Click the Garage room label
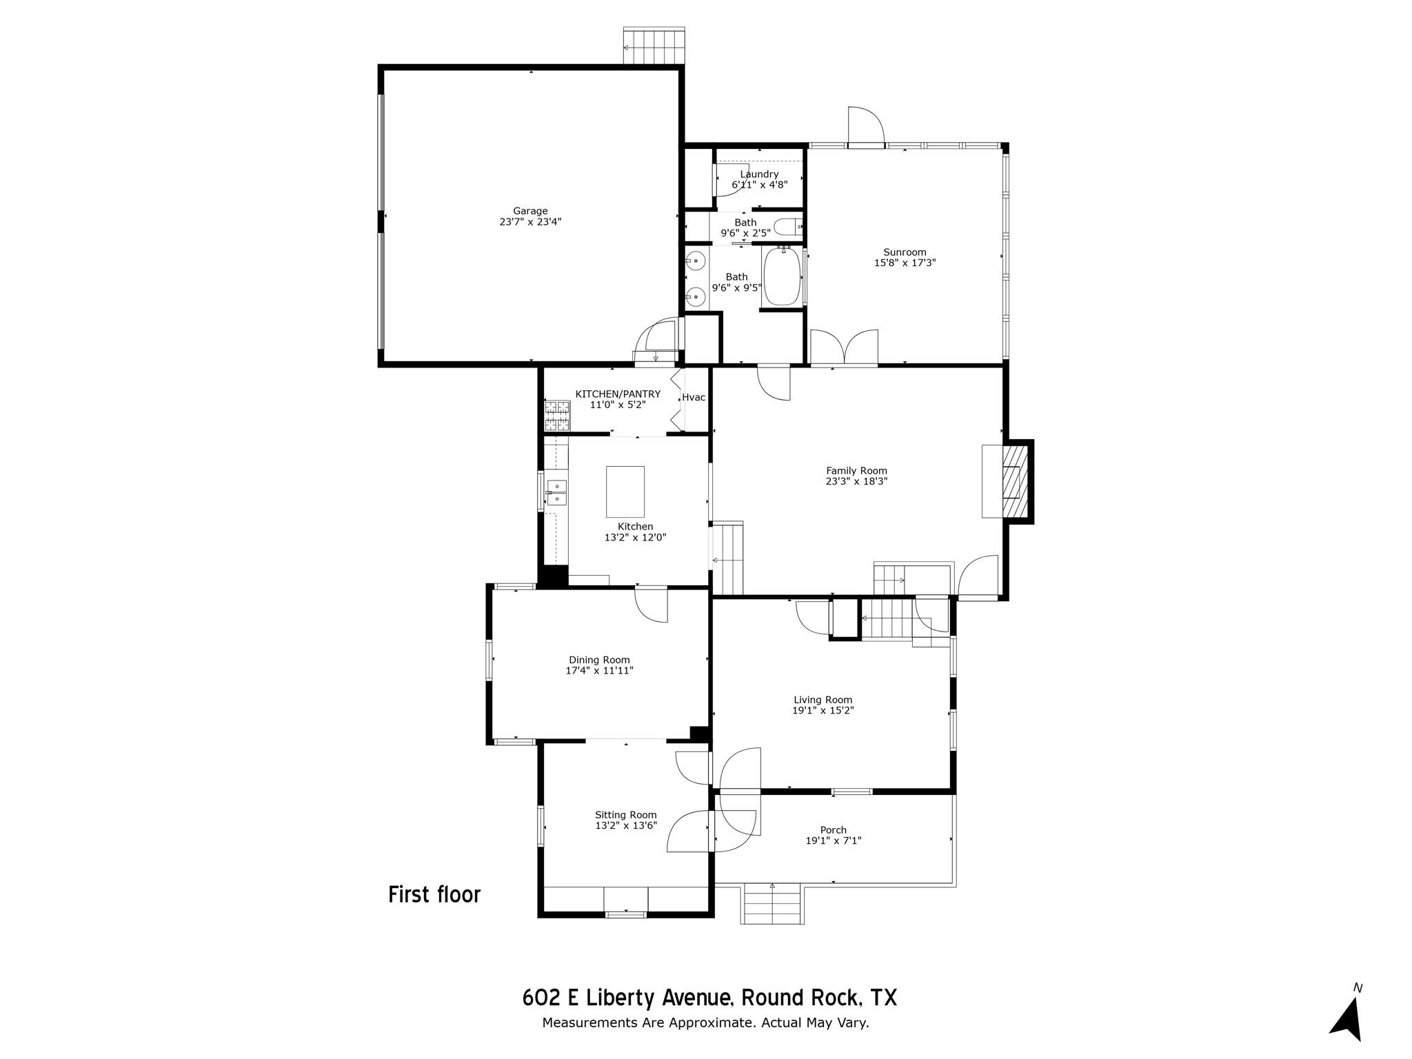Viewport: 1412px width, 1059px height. tap(529, 211)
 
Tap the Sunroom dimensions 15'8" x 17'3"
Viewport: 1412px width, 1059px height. tap(905, 263)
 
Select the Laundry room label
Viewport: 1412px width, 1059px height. tap(759, 174)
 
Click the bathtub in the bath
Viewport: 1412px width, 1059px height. tap(783, 276)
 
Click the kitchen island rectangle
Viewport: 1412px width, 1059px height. tap(625, 492)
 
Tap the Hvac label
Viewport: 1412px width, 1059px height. tap(693, 397)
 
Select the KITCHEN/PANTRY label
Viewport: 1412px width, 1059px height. tap(618, 394)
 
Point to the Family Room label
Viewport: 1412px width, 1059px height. tap(856, 471)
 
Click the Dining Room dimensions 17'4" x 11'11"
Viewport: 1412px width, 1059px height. tap(599, 670)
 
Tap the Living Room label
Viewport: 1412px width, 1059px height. tap(823, 700)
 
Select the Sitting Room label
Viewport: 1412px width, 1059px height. tap(626, 815)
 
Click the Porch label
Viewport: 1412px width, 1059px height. tap(833, 830)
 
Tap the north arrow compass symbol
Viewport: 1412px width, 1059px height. tap(1347, 1019)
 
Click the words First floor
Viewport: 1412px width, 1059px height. tap(434, 895)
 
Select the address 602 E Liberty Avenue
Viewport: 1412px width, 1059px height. tap(626, 998)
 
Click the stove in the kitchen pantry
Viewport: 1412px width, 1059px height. tap(558, 416)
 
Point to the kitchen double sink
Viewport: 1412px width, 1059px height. tap(556, 492)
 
